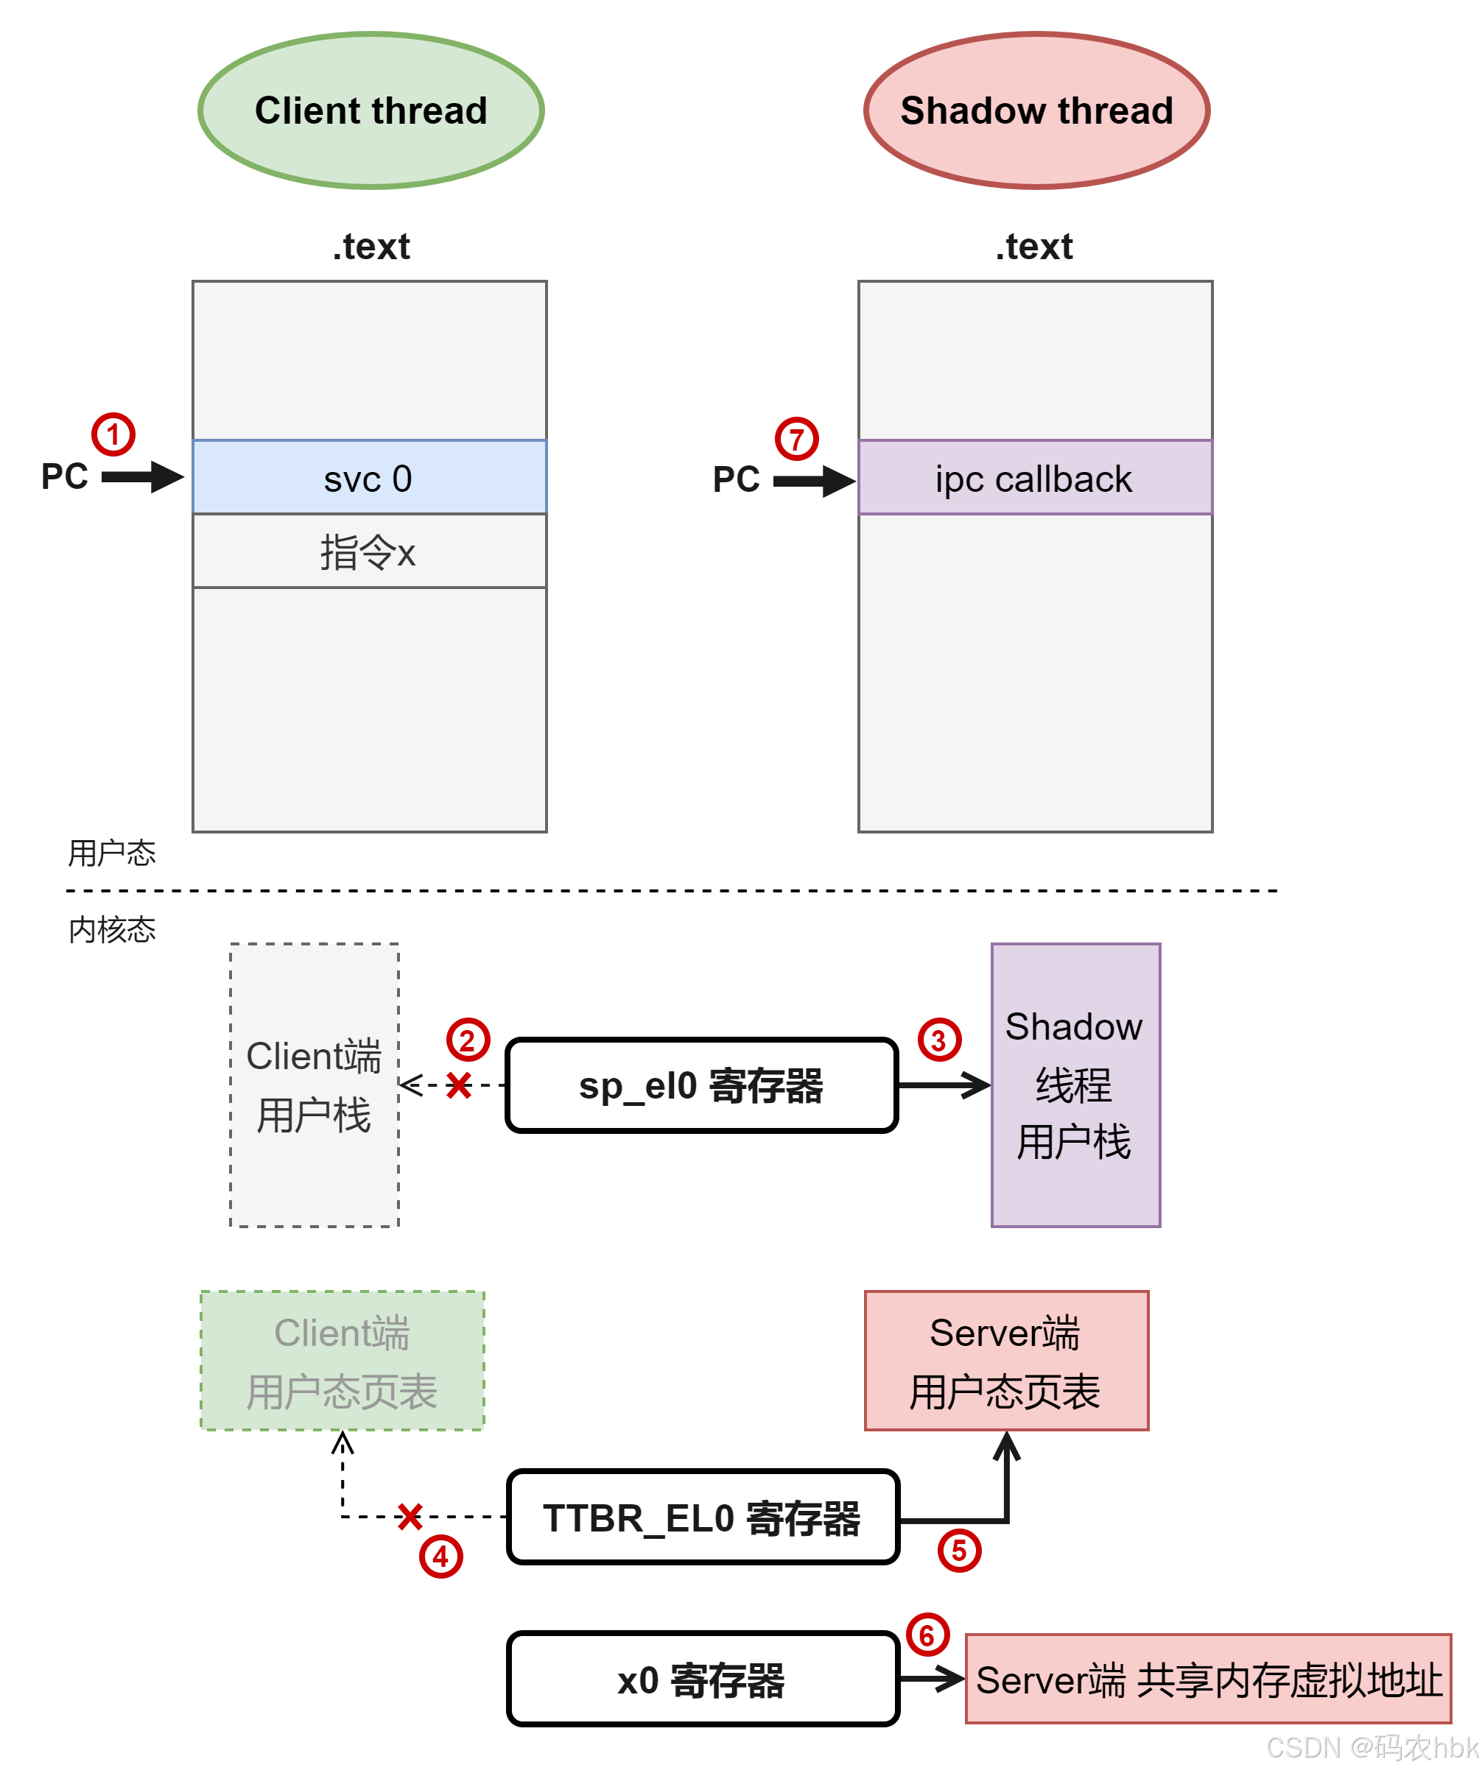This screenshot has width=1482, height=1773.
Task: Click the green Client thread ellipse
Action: click(370, 110)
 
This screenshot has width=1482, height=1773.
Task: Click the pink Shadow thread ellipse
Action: click(1036, 110)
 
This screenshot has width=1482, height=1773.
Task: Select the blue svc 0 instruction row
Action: click(369, 478)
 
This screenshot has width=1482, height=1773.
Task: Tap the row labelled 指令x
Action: click(369, 552)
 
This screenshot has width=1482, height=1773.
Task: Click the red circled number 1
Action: click(113, 435)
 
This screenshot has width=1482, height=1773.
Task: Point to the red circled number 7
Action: click(796, 439)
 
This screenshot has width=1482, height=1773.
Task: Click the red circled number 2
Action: click(468, 1040)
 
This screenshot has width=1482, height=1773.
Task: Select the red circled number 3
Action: click(939, 1040)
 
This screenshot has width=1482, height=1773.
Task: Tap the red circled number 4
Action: click(440, 1556)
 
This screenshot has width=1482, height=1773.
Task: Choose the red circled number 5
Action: click(959, 1550)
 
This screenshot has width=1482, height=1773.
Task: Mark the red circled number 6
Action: click(927, 1635)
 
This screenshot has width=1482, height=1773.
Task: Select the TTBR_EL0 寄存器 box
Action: click(702, 1518)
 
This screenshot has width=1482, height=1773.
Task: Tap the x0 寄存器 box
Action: click(702, 1679)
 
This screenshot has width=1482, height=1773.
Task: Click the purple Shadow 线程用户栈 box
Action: click(1075, 1085)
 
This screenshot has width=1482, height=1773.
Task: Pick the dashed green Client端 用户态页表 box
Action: click(342, 1361)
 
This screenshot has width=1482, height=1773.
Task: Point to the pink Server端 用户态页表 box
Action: click(1005, 1361)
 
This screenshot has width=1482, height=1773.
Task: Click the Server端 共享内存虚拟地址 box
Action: click(1207, 1679)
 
